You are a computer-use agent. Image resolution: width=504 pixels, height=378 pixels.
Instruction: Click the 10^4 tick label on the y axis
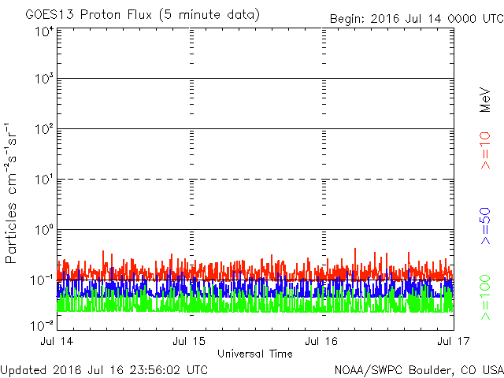43,32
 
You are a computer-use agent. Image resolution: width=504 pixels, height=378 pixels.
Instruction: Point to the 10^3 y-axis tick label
43,80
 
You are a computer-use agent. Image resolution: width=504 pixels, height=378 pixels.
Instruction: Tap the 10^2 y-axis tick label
43,130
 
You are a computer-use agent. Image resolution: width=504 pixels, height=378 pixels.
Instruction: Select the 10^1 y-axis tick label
43,180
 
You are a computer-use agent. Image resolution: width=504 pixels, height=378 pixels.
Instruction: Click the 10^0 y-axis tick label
43,231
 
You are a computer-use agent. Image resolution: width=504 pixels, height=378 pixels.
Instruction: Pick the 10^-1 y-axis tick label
42,280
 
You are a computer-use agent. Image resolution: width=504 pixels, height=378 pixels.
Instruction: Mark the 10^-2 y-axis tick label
42,324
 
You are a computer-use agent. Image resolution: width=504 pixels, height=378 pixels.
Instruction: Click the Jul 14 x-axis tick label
57,342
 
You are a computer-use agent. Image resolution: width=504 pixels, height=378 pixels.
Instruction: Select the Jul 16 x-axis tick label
322,342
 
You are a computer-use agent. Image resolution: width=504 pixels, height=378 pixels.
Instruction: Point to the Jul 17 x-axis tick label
454,342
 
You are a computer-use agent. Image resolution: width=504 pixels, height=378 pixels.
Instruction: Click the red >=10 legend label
486,150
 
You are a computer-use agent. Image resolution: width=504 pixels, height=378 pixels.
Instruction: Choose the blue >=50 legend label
486,223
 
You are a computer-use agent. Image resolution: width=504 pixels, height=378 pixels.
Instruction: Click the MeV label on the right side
486,100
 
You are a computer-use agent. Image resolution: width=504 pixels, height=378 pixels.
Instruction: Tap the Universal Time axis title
255,354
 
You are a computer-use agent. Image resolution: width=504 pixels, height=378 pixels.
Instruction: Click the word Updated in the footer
24,369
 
